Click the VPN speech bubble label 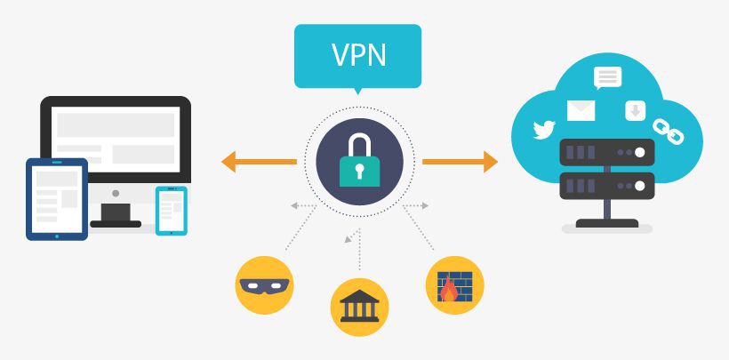click(x=358, y=54)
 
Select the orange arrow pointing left click(x=258, y=161)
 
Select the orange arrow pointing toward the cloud click(x=459, y=161)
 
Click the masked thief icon click(x=265, y=285)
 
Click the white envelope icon click(x=581, y=110)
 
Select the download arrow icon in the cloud click(x=635, y=110)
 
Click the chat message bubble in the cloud click(x=608, y=77)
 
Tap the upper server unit click(x=607, y=153)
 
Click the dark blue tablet click(x=57, y=199)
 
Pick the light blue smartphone click(x=171, y=210)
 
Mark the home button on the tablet click(x=57, y=236)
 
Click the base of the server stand click(x=607, y=224)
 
